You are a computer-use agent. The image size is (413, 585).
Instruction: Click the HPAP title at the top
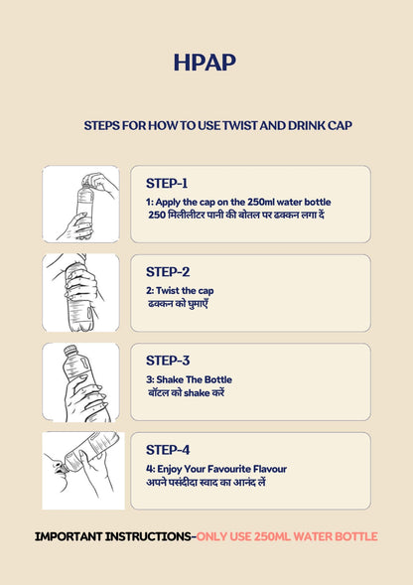click(x=205, y=63)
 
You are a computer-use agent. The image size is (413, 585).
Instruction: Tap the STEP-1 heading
click(x=167, y=183)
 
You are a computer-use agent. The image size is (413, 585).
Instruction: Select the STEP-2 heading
click(x=168, y=271)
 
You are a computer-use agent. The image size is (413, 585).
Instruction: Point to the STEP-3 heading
click(x=168, y=361)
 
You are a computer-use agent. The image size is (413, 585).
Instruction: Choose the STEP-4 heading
click(x=168, y=450)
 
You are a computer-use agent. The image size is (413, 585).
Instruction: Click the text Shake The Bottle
click(x=194, y=379)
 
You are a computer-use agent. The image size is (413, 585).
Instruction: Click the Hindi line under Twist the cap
click(x=178, y=304)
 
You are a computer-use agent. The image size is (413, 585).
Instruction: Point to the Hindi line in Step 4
click(x=206, y=483)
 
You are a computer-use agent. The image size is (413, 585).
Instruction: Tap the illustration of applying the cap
click(x=81, y=204)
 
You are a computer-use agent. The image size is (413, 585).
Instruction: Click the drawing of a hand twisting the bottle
click(x=81, y=293)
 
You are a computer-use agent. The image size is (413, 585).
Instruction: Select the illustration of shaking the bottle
click(x=81, y=382)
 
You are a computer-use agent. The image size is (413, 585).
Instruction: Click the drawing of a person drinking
click(x=83, y=471)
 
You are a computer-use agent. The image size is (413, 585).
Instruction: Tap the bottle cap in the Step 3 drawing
click(x=70, y=351)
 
